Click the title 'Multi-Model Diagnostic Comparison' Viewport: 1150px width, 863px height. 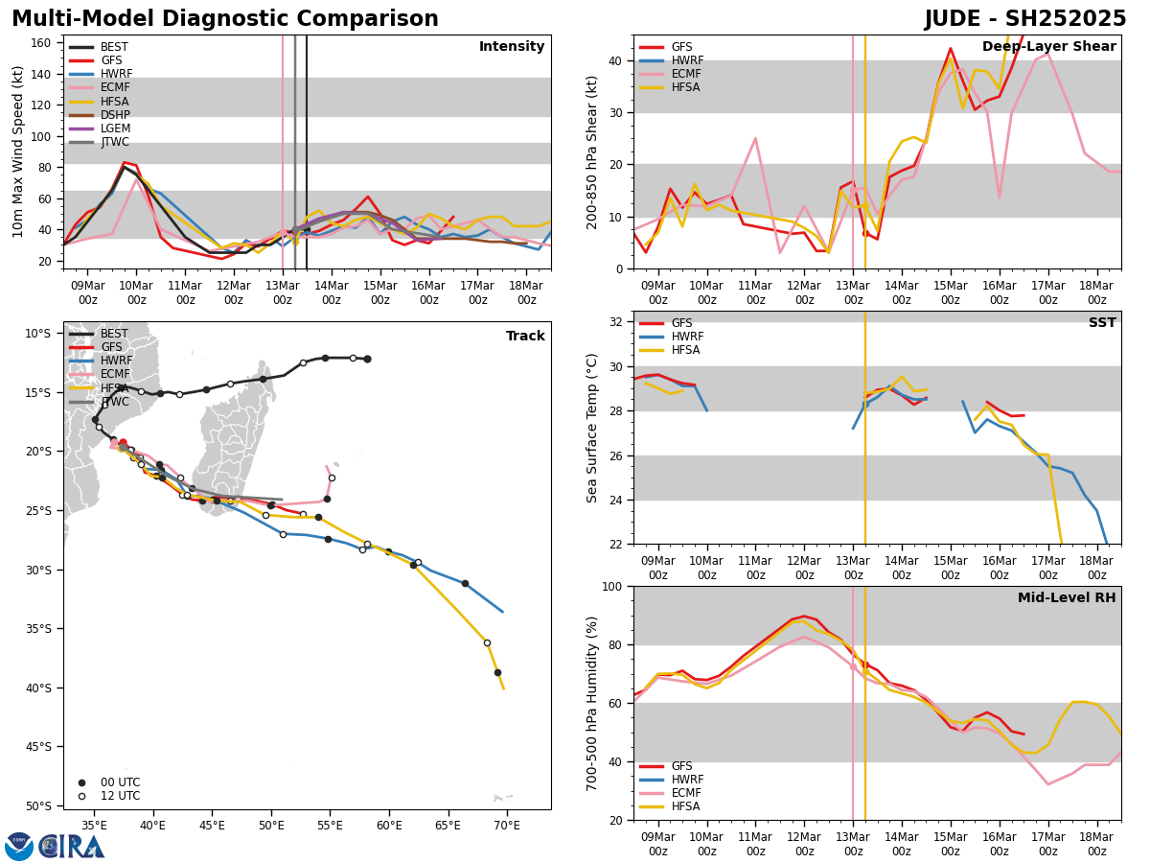(225, 19)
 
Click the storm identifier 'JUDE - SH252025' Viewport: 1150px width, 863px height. (1024, 19)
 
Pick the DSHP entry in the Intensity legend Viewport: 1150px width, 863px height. (114, 115)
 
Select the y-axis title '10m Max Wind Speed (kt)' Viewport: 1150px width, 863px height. (17, 152)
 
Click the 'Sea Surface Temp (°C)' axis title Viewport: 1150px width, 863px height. (593, 428)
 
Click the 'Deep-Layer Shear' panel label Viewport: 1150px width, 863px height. (1048, 47)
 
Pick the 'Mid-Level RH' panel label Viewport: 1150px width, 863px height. (1066, 598)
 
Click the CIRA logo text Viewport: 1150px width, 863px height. (72, 847)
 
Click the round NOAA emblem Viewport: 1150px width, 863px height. (19, 847)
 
